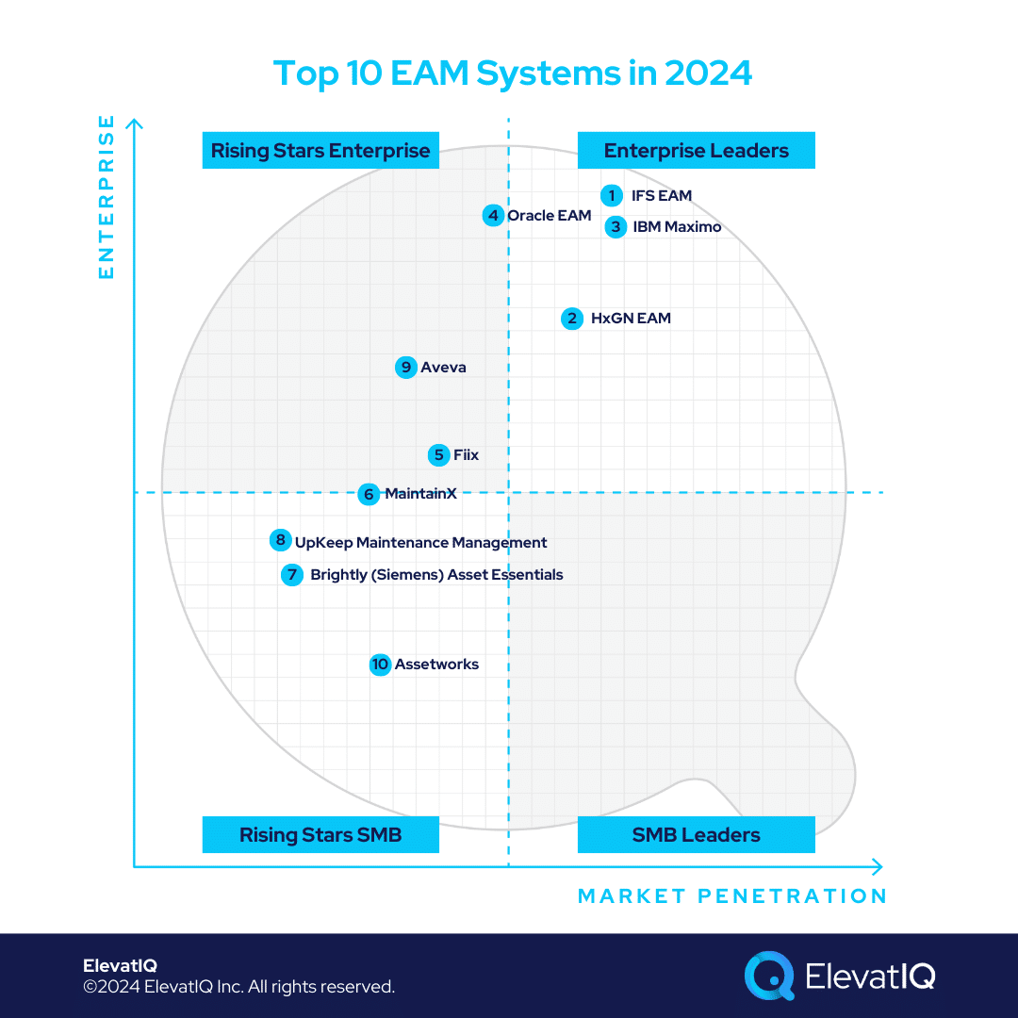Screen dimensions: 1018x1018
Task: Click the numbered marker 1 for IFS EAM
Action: click(612, 195)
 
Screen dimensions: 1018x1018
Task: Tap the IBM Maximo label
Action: click(677, 227)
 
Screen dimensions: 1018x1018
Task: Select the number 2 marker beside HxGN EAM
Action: click(572, 319)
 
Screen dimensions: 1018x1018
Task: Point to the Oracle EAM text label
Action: click(549, 216)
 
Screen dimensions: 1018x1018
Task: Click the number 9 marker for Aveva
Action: click(406, 368)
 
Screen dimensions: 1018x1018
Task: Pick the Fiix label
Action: click(466, 455)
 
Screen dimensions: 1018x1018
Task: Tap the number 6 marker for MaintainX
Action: click(369, 494)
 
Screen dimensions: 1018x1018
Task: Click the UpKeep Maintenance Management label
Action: click(420, 543)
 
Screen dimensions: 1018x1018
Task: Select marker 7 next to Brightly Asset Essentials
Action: click(292, 575)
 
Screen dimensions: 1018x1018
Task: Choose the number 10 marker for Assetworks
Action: click(380, 665)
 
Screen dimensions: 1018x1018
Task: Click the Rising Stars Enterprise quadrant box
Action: click(320, 151)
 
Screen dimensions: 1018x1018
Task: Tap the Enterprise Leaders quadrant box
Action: click(696, 151)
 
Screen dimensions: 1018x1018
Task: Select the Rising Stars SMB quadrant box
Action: click(320, 834)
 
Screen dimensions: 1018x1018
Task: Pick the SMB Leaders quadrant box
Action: click(696, 834)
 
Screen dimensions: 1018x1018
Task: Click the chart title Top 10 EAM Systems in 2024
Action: click(513, 74)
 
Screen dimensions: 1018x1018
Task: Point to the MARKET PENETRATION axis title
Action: click(732, 895)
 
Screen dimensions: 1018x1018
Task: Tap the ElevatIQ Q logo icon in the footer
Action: click(769, 975)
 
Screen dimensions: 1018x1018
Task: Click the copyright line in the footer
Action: click(238, 987)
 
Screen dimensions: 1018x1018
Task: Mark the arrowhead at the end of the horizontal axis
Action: click(877, 866)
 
